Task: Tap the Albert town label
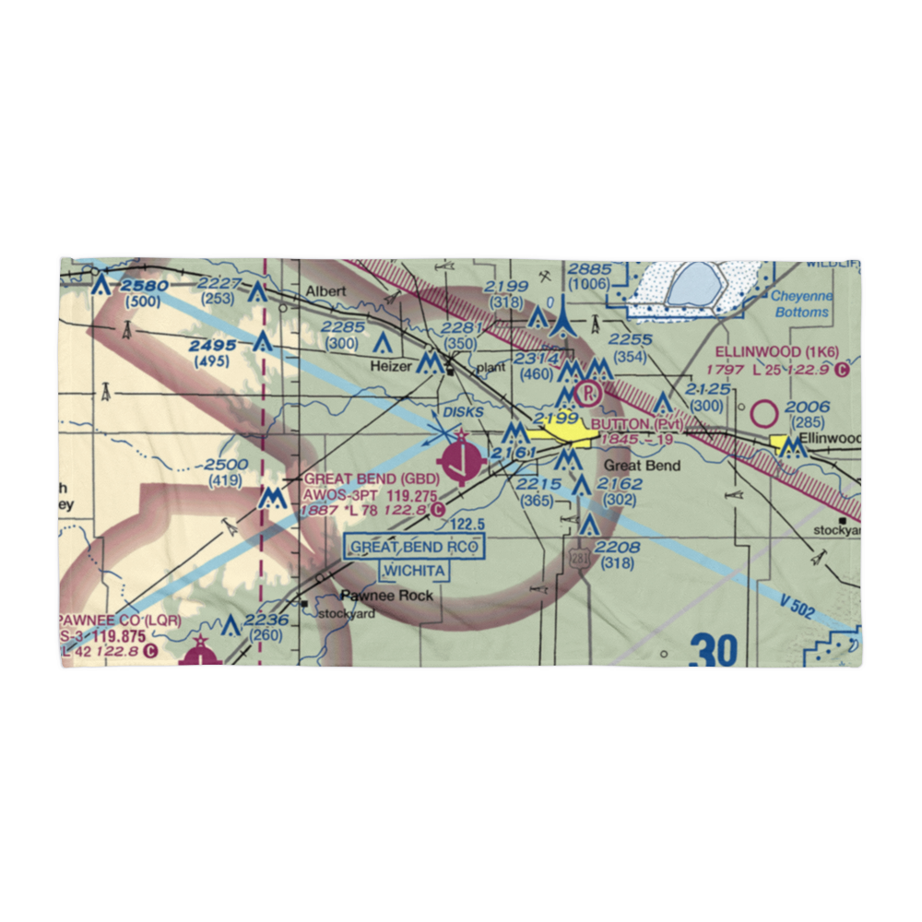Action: click(326, 291)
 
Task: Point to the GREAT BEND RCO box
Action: click(414, 547)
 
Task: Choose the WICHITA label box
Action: click(414, 572)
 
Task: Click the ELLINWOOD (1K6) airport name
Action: click(778, 351)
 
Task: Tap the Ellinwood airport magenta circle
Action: click(765, 414)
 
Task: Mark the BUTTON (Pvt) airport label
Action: click(636, 424)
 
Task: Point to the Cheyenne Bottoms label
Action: click(800, 304)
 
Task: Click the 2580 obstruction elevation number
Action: click(143, 286)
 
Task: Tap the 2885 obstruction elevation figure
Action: click(589, 268)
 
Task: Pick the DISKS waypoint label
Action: click(462, 411)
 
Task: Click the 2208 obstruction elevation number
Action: click(618, 548)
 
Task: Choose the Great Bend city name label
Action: click(642, 466)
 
